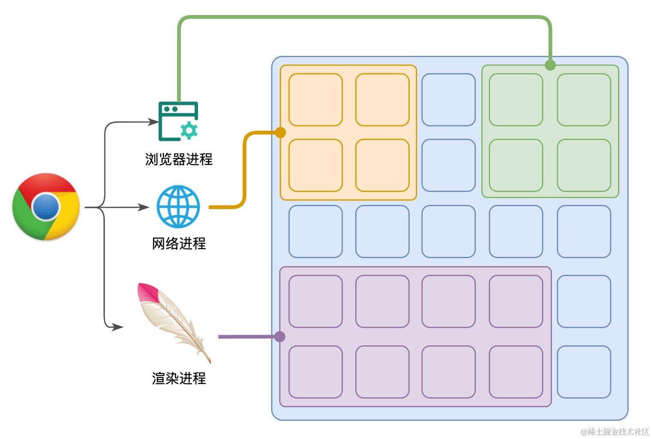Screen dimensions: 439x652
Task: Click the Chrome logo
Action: click(46, 207)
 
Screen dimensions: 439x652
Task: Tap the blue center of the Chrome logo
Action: click(46, 207)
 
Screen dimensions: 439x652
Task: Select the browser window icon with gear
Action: click(178, 121)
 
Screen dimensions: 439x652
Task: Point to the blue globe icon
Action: click(178, 207)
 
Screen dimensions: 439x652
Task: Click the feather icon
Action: click(174, 320)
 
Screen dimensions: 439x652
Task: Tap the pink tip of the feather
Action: click(146, 292)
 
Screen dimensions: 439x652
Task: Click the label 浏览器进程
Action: click(179, 159)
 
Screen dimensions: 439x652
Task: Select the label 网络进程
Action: click(179, 244)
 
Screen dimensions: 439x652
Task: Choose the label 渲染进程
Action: click(179, 378)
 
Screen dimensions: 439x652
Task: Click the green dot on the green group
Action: click(550, 65)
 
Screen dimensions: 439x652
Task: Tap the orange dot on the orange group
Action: click(280, 133)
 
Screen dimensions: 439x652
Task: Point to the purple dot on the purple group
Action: click(280, 336)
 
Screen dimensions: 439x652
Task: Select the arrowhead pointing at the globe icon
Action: click(144, 207)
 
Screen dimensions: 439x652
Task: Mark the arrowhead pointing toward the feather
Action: click(118, 327)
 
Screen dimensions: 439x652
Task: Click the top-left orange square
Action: click(315, 100)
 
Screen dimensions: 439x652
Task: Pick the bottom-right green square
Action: click(584, 165)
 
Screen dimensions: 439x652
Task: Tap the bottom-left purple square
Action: click(315, 372)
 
